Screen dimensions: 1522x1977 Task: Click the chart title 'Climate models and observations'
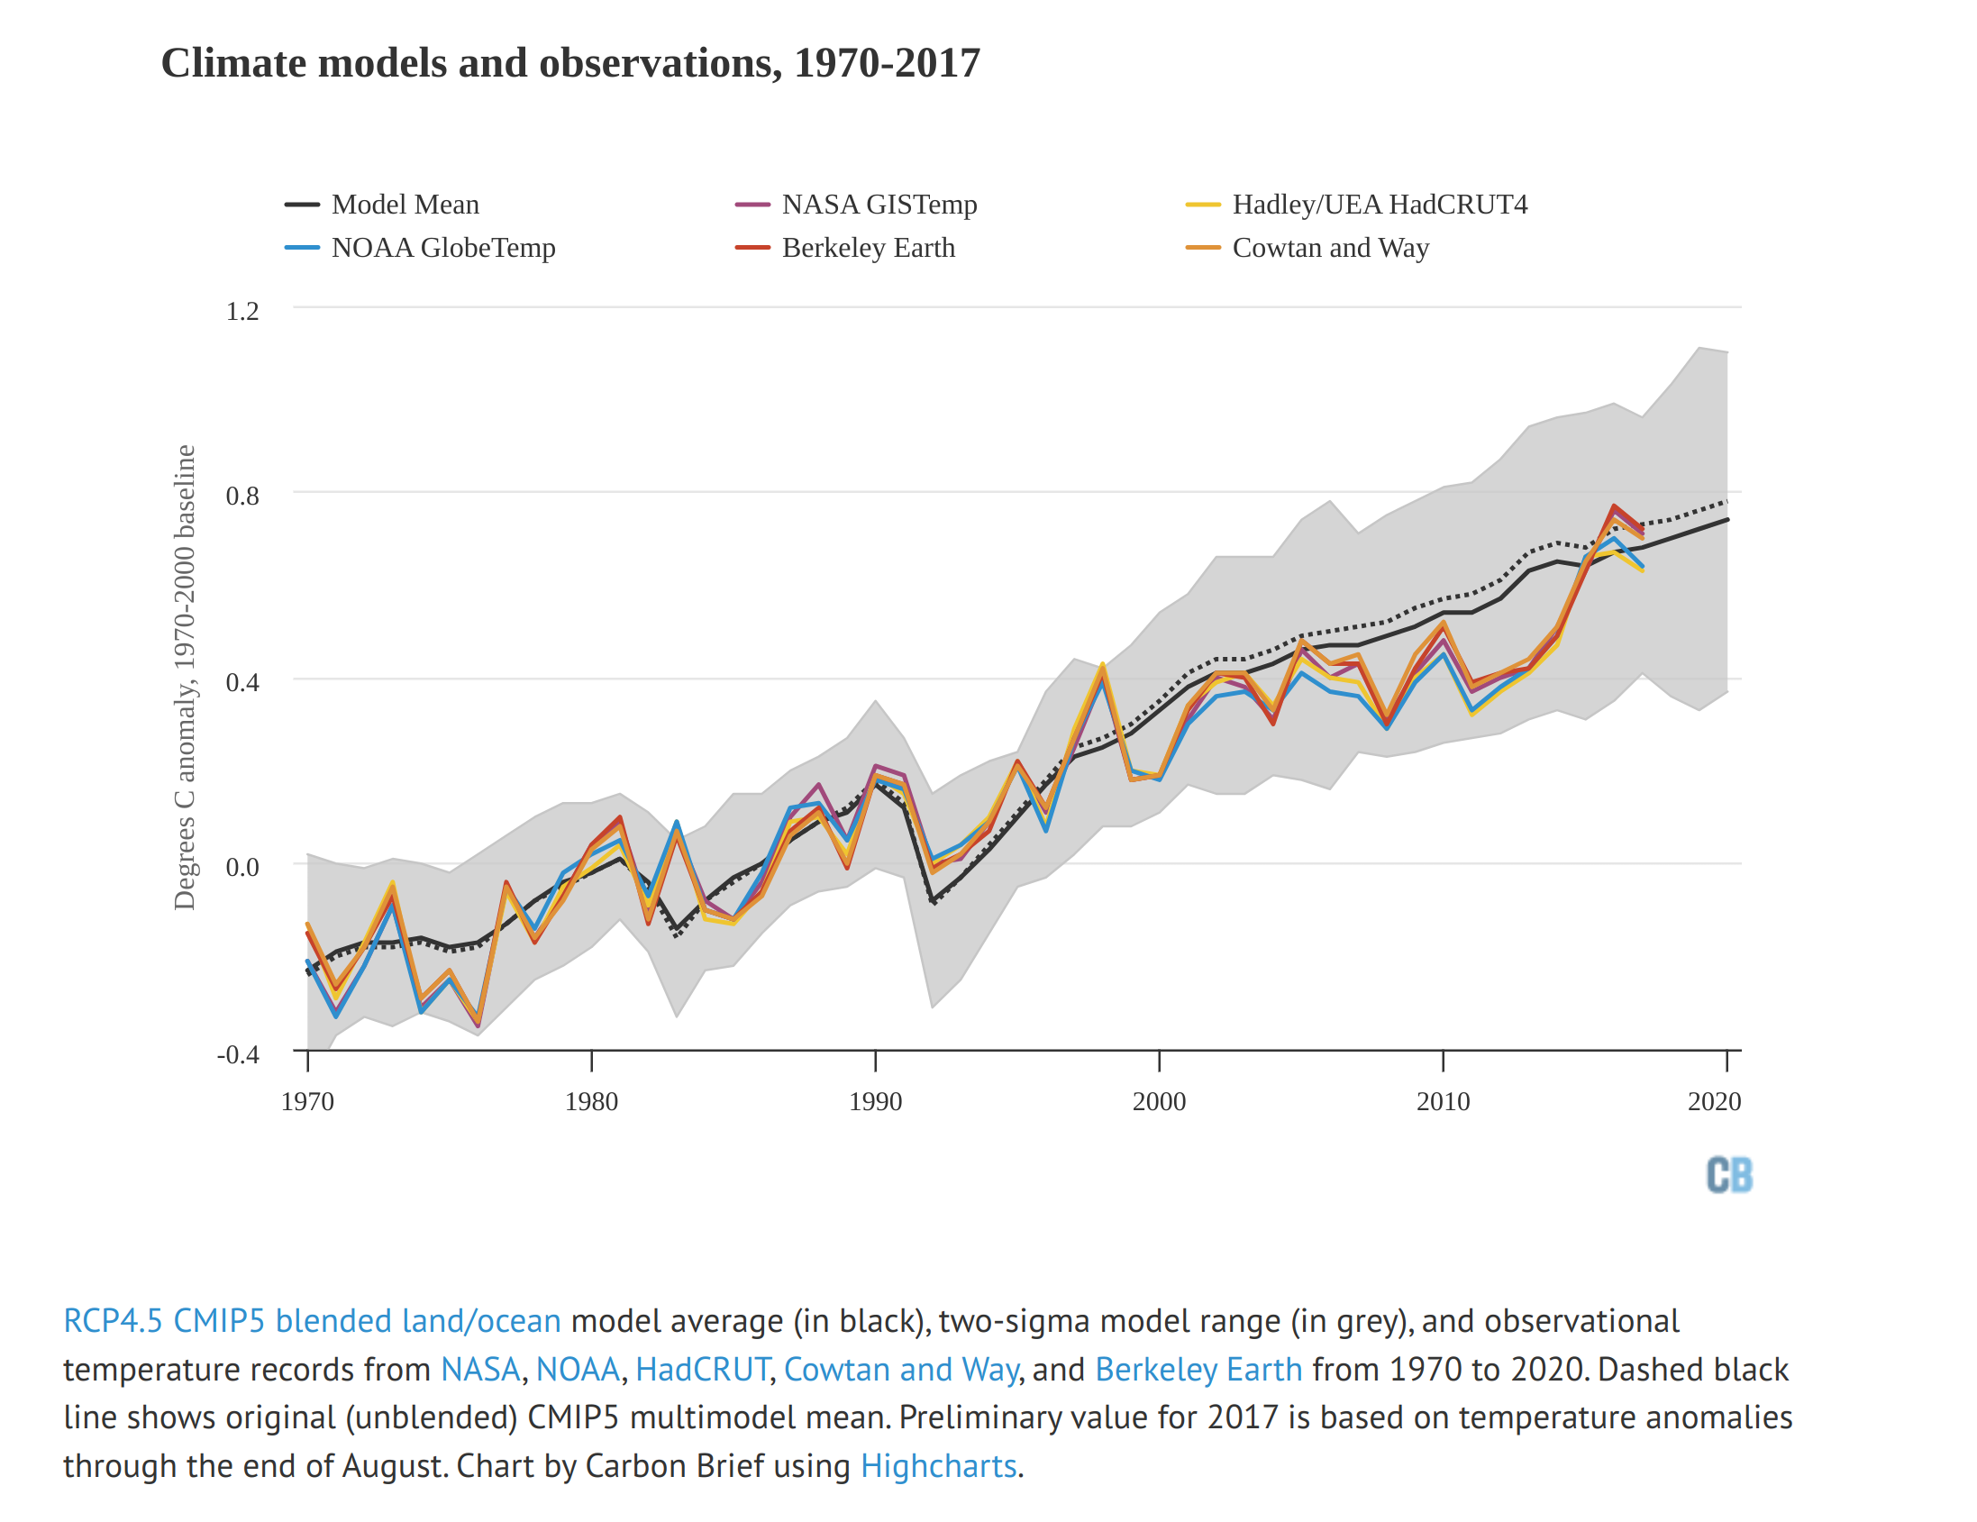[570, 63]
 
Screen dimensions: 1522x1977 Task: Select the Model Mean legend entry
[405, 205]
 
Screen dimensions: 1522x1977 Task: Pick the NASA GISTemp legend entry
[878, 205]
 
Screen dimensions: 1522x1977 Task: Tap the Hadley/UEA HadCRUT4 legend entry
[1379, 205]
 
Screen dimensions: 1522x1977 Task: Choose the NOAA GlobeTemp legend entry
[442, 248]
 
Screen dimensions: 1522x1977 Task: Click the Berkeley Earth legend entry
[867, 248]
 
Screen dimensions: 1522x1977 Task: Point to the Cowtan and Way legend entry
[1330, 248]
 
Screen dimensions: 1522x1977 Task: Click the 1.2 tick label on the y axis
[242, 312]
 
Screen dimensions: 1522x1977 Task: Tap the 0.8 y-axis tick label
[242, 497]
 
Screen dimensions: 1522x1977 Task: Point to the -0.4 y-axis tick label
[238, 1055]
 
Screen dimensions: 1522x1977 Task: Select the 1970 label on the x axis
[308, 1102]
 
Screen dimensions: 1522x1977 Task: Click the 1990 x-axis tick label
[875, 1102]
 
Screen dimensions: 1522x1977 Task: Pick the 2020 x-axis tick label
[1715, 1102]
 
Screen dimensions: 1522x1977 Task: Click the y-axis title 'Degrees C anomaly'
[185, 678]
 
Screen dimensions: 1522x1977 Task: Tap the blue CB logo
[1729, 1175]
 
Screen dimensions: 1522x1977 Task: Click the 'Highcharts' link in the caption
[938, 1466]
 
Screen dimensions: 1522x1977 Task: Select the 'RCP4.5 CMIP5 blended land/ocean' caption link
[313, 1321]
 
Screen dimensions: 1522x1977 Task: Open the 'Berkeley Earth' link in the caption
[1198, 1370]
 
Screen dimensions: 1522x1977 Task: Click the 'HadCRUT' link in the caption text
[703, 1370]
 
